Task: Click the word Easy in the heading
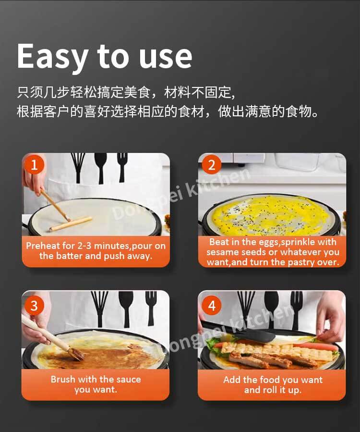point(52,57)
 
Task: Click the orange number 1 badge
point(34,165)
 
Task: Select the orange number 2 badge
point(211,165)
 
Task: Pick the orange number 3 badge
point(34,306)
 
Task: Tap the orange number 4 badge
point(211,306)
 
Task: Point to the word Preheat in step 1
point(43,246)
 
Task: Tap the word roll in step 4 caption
point(269,390)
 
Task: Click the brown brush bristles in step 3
point(76,354)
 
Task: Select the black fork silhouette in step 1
point(122,167)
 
